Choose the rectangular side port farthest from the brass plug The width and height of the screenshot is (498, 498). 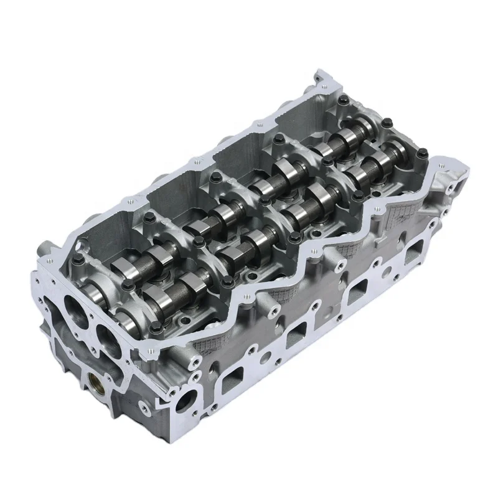(413, 254)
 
